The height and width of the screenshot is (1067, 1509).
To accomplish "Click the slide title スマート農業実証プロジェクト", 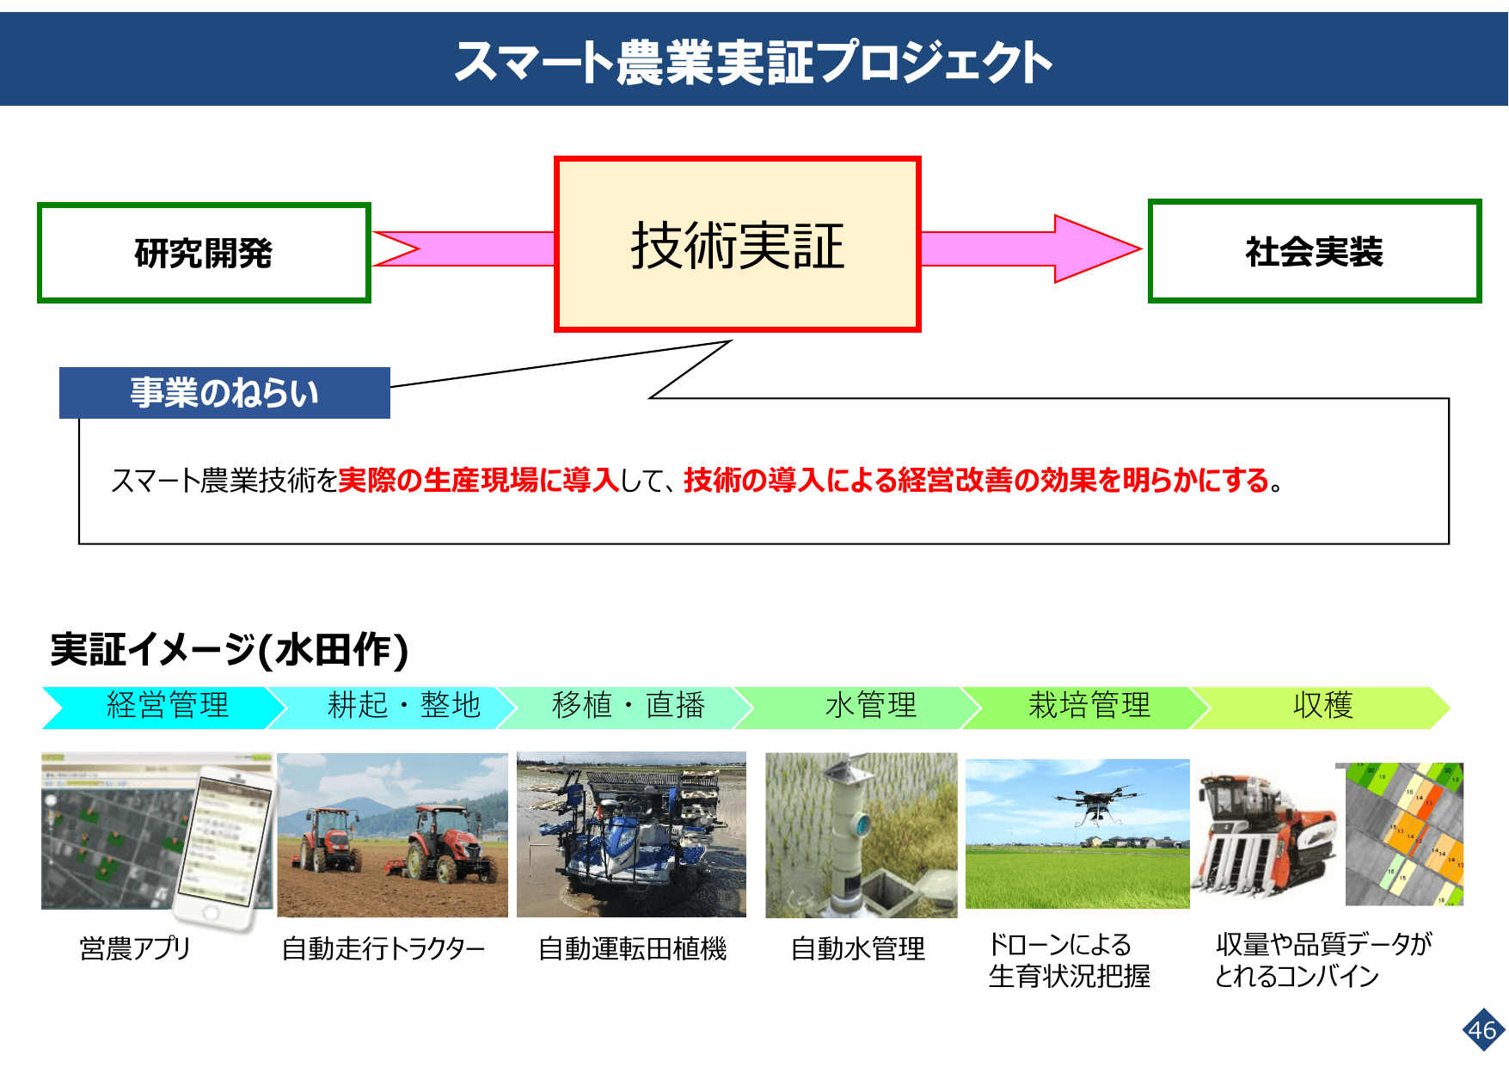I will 753,62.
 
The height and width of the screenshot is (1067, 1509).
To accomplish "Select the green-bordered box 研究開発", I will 204,253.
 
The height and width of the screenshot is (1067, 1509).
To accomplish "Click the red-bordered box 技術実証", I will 738,245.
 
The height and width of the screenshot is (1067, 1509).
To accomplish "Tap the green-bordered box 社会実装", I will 1314,251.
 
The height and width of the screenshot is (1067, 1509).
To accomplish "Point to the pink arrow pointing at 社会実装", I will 1032,248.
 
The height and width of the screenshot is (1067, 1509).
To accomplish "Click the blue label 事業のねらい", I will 224,393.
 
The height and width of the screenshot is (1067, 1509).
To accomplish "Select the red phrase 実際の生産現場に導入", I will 478,480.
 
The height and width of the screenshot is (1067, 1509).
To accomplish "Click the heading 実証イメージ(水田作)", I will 229,649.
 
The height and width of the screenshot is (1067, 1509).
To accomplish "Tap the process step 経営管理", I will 168,706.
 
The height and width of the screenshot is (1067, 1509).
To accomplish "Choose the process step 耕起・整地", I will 403,706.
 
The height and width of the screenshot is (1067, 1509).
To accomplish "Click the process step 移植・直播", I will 629,706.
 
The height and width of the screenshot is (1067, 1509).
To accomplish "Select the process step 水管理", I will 870,706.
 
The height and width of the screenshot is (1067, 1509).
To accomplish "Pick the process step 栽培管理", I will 1089,706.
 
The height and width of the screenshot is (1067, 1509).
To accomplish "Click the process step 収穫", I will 1322,706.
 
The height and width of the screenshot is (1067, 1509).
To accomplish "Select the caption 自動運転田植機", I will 632,948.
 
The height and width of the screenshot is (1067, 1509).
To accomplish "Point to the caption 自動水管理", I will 857,948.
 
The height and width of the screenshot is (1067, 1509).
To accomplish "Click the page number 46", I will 1482,1030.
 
